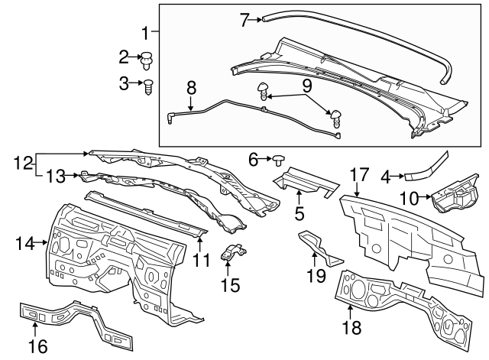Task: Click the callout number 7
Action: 244,20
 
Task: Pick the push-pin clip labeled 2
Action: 147,57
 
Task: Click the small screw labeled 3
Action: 150,85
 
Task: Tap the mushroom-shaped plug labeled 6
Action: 280,160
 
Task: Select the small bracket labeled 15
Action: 234,253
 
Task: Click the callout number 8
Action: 190,86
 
